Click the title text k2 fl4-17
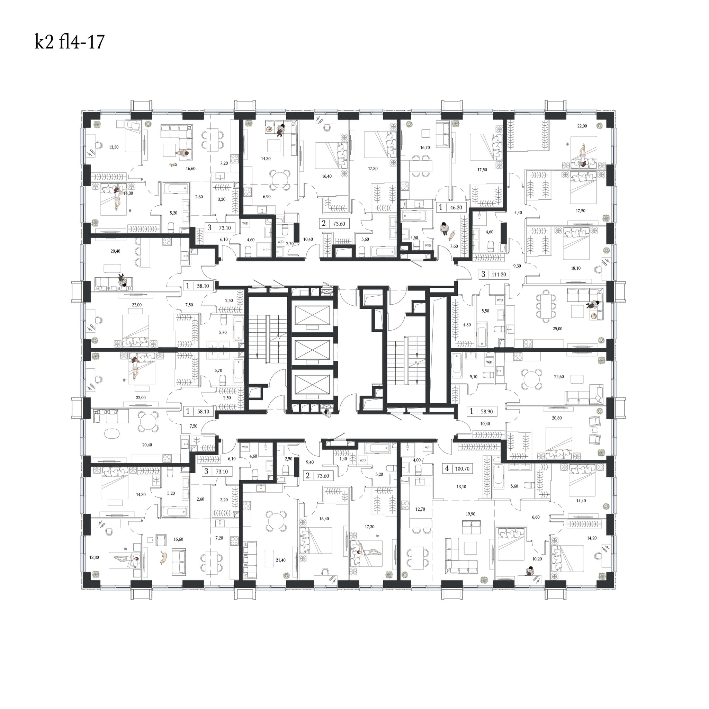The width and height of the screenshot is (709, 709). click(x=70, y=42)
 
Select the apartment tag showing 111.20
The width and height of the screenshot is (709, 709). click(x=494, y=274)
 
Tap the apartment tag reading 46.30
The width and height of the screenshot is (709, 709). click(x=451, y=207)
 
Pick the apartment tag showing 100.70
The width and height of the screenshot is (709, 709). click(x=457, y=469)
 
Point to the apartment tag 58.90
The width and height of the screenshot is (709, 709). click(x=482, y=411)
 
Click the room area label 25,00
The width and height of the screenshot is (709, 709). click(x=557, y=329)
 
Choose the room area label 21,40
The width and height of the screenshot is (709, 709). click(x=280, y=560)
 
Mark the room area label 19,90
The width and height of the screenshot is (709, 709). click(x=470, y=514)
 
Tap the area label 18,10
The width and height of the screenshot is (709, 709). click(x=575, y=268)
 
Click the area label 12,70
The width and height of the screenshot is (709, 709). click(x=420, y=509)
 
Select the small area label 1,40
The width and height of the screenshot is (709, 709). click(x=343, y=459)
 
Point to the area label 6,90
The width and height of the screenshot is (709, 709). click(x=267, y=197)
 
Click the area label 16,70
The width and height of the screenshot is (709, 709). click(x=425, y=148)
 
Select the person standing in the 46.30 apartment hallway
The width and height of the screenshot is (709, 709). click(x=444, y=228)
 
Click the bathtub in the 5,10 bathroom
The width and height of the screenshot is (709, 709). click(x=457, y=366)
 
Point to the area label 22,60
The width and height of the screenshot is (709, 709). click(x=558, y=377)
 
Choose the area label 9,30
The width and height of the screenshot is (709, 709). click(x=517, y=266)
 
